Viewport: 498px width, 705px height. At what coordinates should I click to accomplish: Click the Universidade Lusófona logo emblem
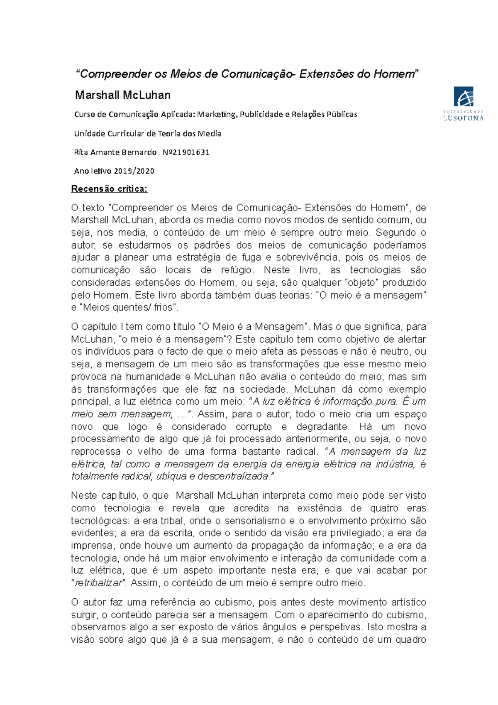(x=463, y=97)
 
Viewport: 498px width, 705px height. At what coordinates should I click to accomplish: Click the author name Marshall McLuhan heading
(x=123, y=95)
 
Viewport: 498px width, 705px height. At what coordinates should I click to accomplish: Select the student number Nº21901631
(x=186, y=152)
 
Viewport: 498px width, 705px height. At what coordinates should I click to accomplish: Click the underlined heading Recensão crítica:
(x=109, y=189)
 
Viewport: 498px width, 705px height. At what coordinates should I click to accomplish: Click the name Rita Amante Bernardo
(x=115, y=152)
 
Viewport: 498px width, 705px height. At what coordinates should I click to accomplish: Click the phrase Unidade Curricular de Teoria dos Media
(x=147, y=134)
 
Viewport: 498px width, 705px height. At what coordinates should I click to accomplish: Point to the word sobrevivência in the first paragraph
(x=308, y=257)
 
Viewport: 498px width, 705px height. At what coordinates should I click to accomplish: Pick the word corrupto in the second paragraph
(x=254, y=427)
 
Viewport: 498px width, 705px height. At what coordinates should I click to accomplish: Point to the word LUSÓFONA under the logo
(x=463, y=118)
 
